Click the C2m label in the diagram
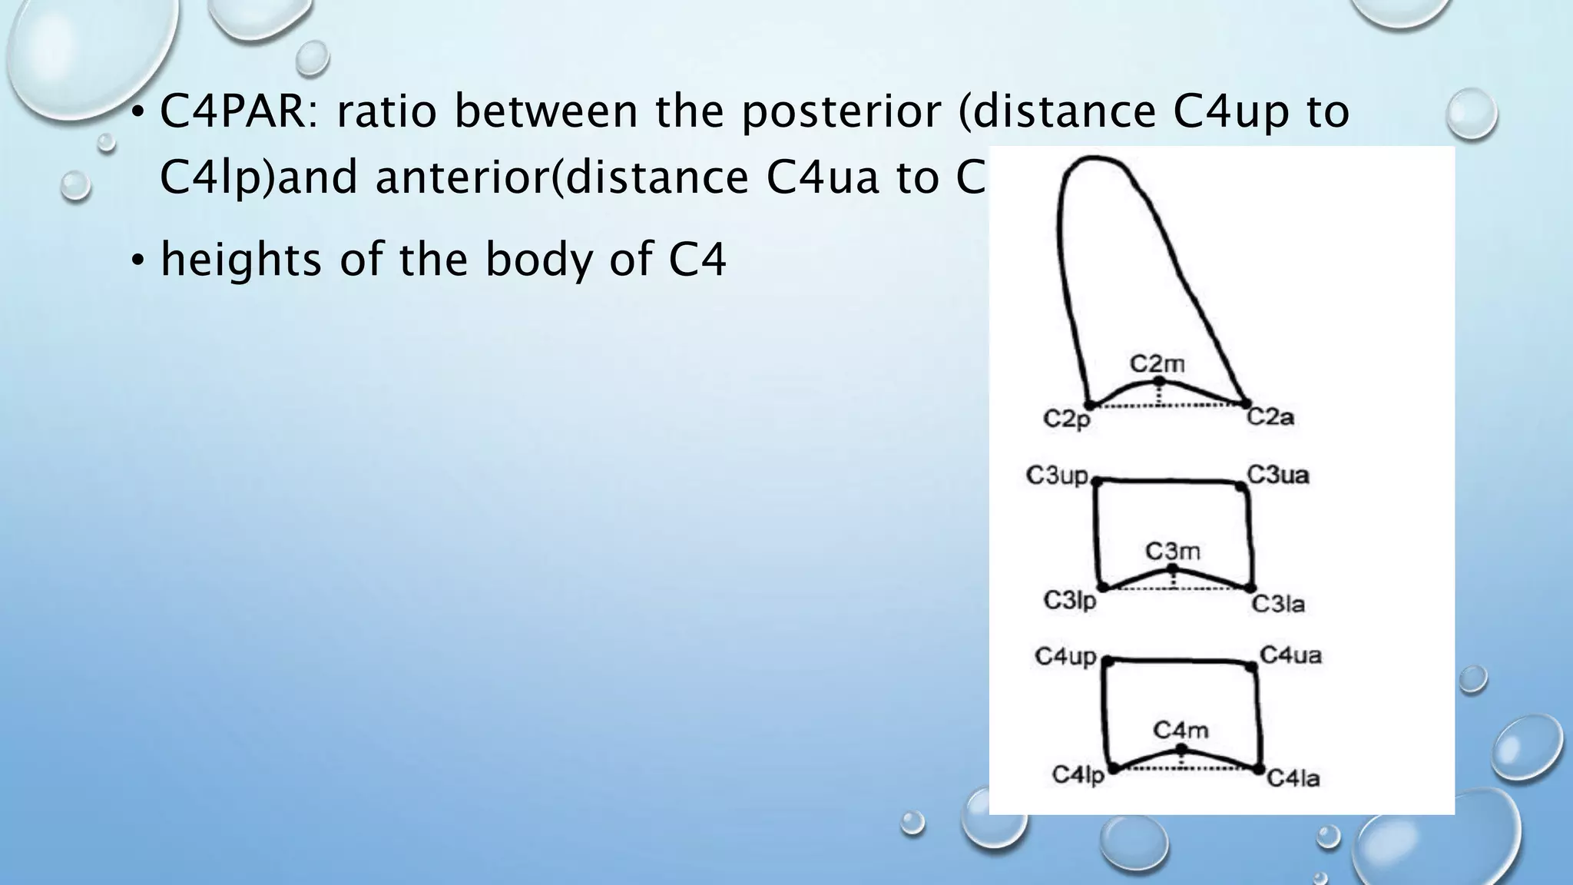[x=1157, y=363]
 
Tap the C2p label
[x=1067, y=419]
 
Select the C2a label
[x=1270, y=417]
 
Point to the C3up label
[x=1057, y=476]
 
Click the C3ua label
[x=1277, y=475]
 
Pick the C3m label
[x=1172, y=551]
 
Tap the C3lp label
[x=1070, y=601]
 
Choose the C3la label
[x=1278, y=605]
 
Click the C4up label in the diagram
[x=1065, y=657]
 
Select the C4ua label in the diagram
[x=1291, y=655]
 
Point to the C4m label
[x=1181, y=730]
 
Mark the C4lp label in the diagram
[x=1078, y=775]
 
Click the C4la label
[x=1293, y=779]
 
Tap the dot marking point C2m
[x=1160, y=381]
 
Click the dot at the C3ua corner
[x=1240, y=486]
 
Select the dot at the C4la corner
[x=1258, y=768]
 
